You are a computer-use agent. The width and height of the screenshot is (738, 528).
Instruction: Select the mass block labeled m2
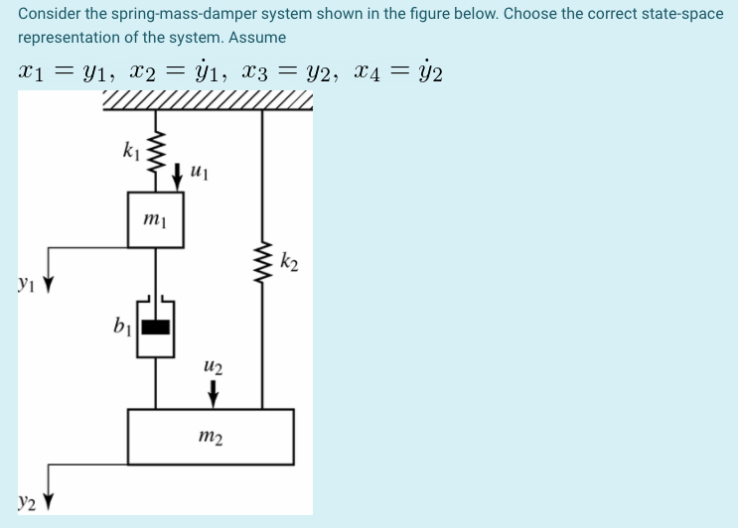[x=211, y=436]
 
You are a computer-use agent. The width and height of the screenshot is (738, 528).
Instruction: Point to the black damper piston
[x=156, y=325]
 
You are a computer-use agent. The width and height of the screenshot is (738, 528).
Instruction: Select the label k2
[x=289, y=263]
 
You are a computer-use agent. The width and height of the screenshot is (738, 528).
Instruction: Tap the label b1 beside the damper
[x=122, y=325]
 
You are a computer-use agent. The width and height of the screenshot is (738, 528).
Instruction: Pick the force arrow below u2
[x=213, y=393]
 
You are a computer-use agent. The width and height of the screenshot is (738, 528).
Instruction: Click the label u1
[x=198, y=175]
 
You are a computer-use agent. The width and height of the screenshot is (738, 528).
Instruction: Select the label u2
[x=213, y=368]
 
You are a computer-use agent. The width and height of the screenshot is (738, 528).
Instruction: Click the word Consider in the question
[x=50, y=14]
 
